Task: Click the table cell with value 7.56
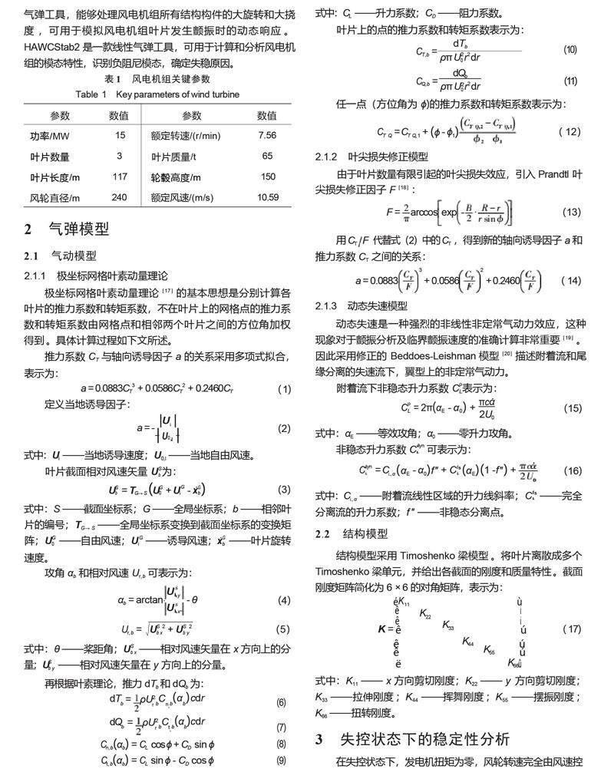267,136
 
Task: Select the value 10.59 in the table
267,198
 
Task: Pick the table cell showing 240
119,198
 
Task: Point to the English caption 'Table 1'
91,94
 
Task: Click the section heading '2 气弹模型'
67,229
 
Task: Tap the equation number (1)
284,389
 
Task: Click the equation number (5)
283,629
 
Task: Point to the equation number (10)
569,50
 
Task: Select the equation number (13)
571,212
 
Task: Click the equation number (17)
571,629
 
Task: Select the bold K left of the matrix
381,629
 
